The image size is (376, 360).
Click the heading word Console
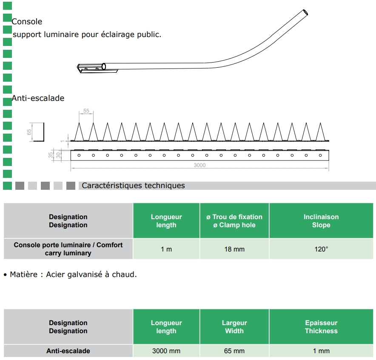click(27, 21)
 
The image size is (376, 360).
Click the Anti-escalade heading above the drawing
click(38, 98)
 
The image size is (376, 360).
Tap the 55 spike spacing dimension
click(86, 111)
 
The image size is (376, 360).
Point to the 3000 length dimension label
click(199, 165)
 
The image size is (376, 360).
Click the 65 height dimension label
click(29, 132)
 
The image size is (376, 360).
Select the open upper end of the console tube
click(305, 13)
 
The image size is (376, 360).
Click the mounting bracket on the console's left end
click(91, 68)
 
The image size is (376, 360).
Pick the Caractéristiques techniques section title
click(133, 186)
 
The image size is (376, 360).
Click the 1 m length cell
click(166, 249)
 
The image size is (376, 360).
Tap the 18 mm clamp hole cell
click(234, 249)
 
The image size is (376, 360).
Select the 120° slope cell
click(321, 249)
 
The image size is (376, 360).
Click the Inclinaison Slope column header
click(321, 221)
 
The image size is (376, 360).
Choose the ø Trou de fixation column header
click(234, 221)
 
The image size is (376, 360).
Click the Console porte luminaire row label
click(68, 249)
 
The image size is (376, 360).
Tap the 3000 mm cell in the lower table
click(166, 351)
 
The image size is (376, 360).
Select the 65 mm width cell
click(234, 351)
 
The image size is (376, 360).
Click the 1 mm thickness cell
click(321, 351)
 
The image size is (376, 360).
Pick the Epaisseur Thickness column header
click(321, 327)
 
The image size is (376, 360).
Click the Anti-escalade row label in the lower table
click(68, 351)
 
